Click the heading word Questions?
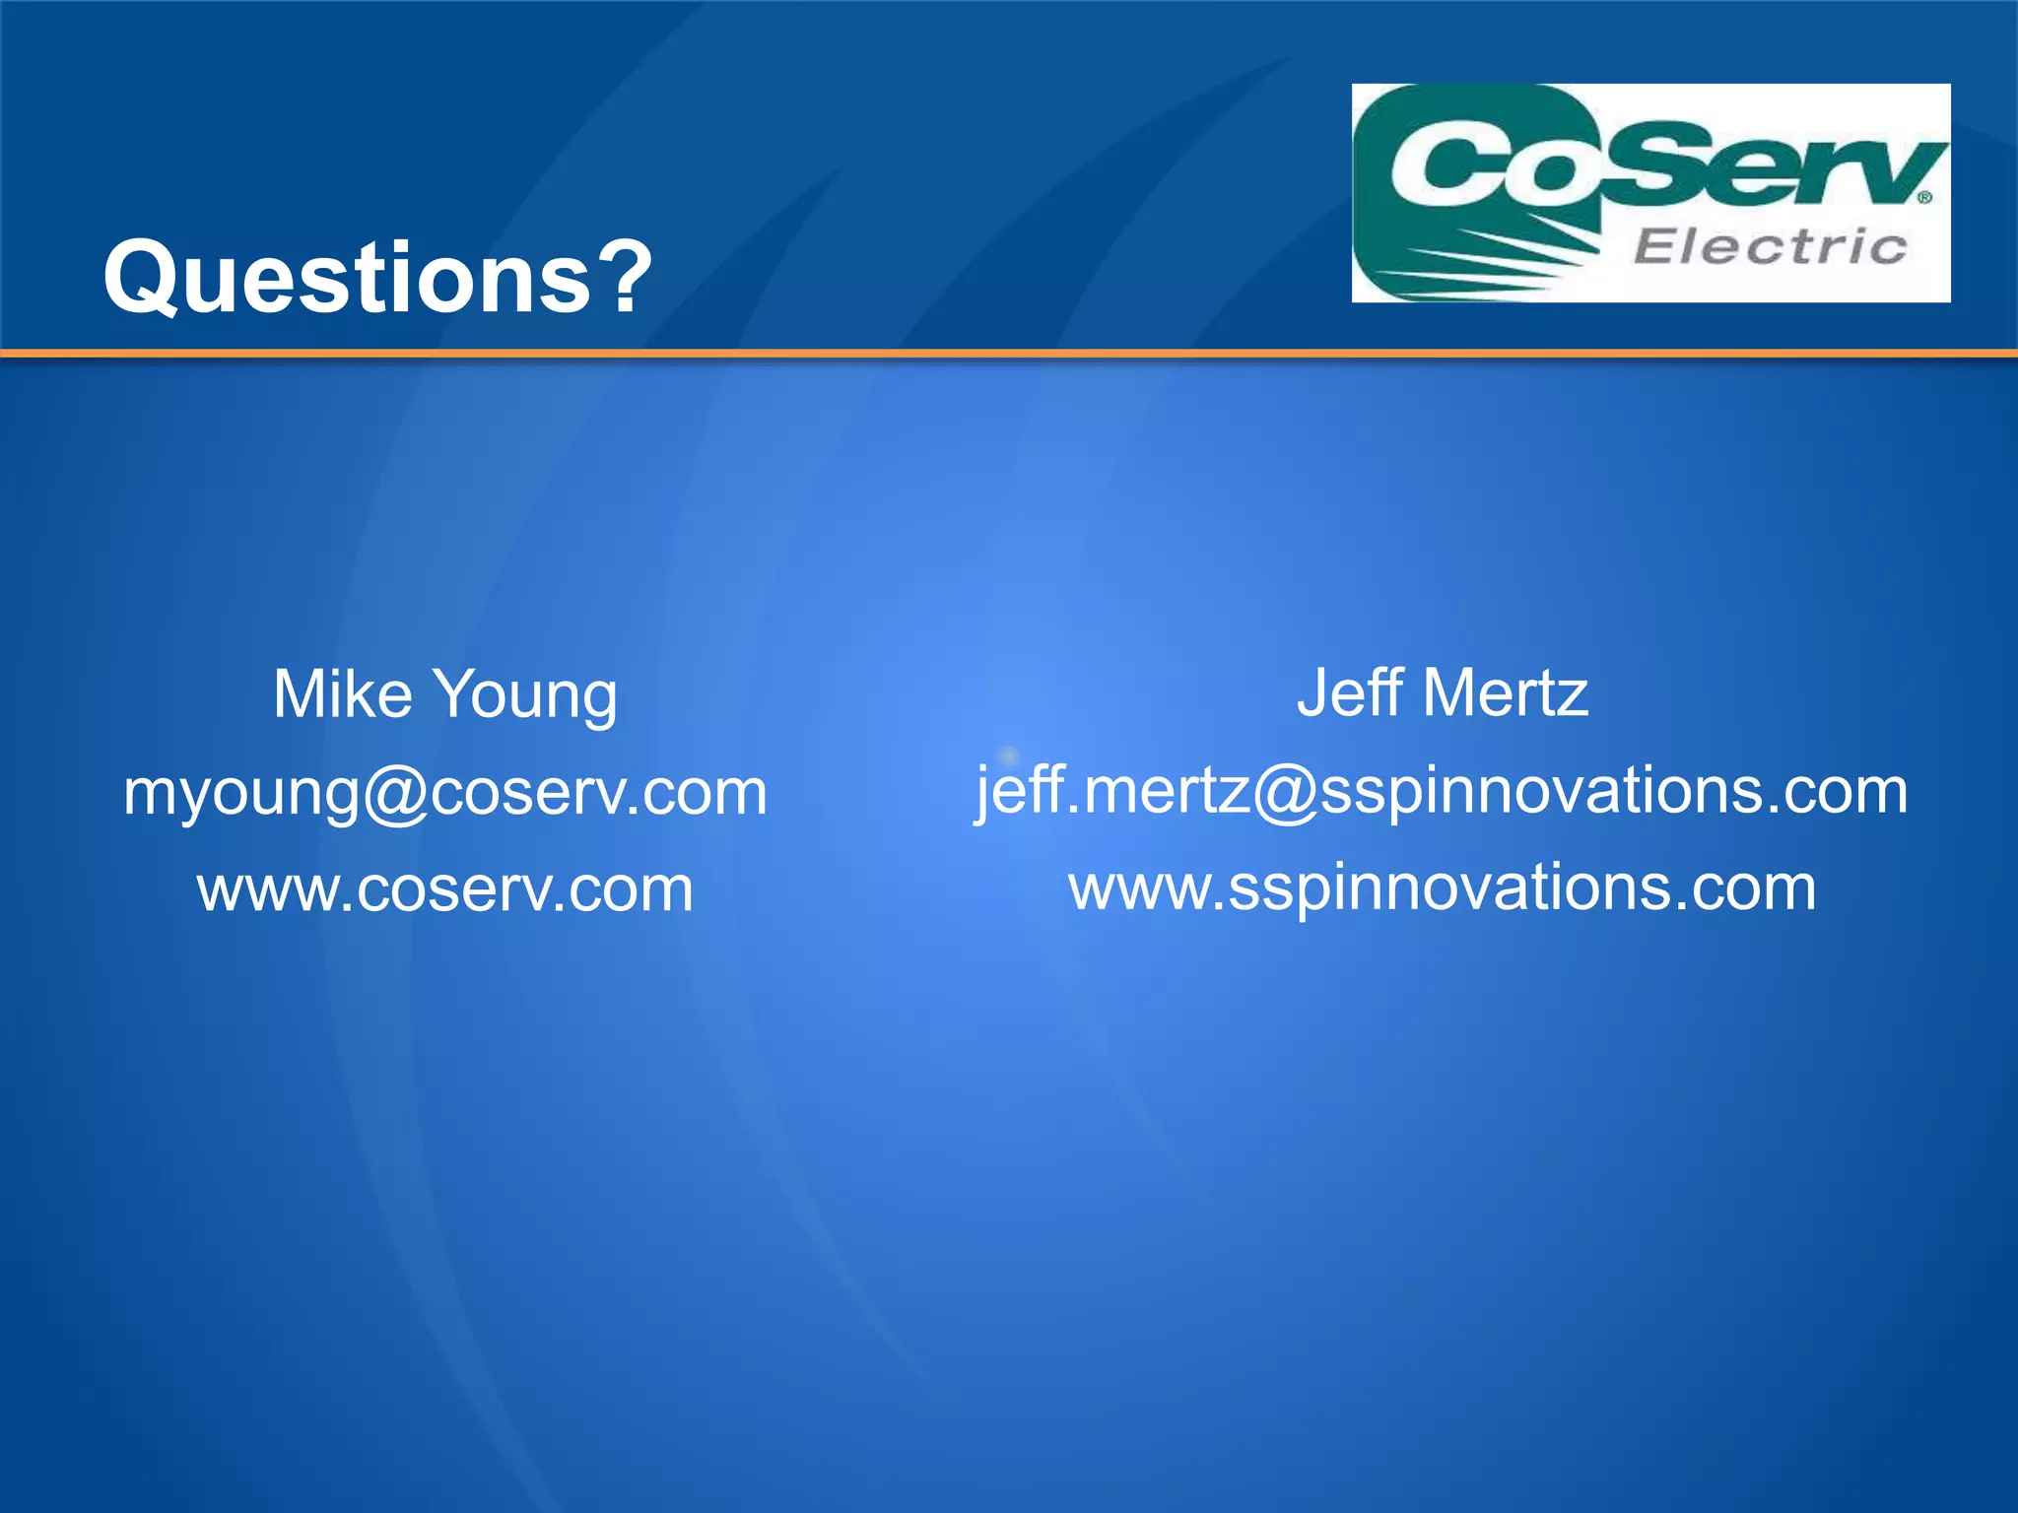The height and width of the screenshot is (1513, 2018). (377, 279)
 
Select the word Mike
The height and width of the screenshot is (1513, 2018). (342, 694)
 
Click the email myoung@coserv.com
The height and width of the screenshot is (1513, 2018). (445, 793)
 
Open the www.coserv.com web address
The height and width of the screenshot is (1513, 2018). (445, 889)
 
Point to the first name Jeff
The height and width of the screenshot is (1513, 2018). (1350, 692)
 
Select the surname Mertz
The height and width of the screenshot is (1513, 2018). (1506, 693)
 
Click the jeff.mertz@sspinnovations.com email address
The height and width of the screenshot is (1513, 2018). (1442, 791)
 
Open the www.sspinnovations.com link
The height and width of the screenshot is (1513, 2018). (1443, 888)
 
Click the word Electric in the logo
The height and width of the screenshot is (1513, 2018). (1770, 246)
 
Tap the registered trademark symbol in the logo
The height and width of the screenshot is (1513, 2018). (1924, 197)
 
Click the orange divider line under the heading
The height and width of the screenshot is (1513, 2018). (1009, 353)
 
